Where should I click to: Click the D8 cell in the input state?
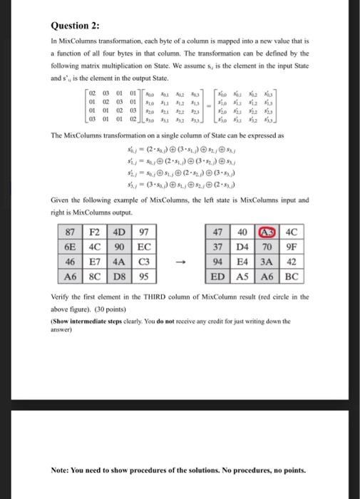tap(118, 275)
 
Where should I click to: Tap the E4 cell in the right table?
tap(243, 261)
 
